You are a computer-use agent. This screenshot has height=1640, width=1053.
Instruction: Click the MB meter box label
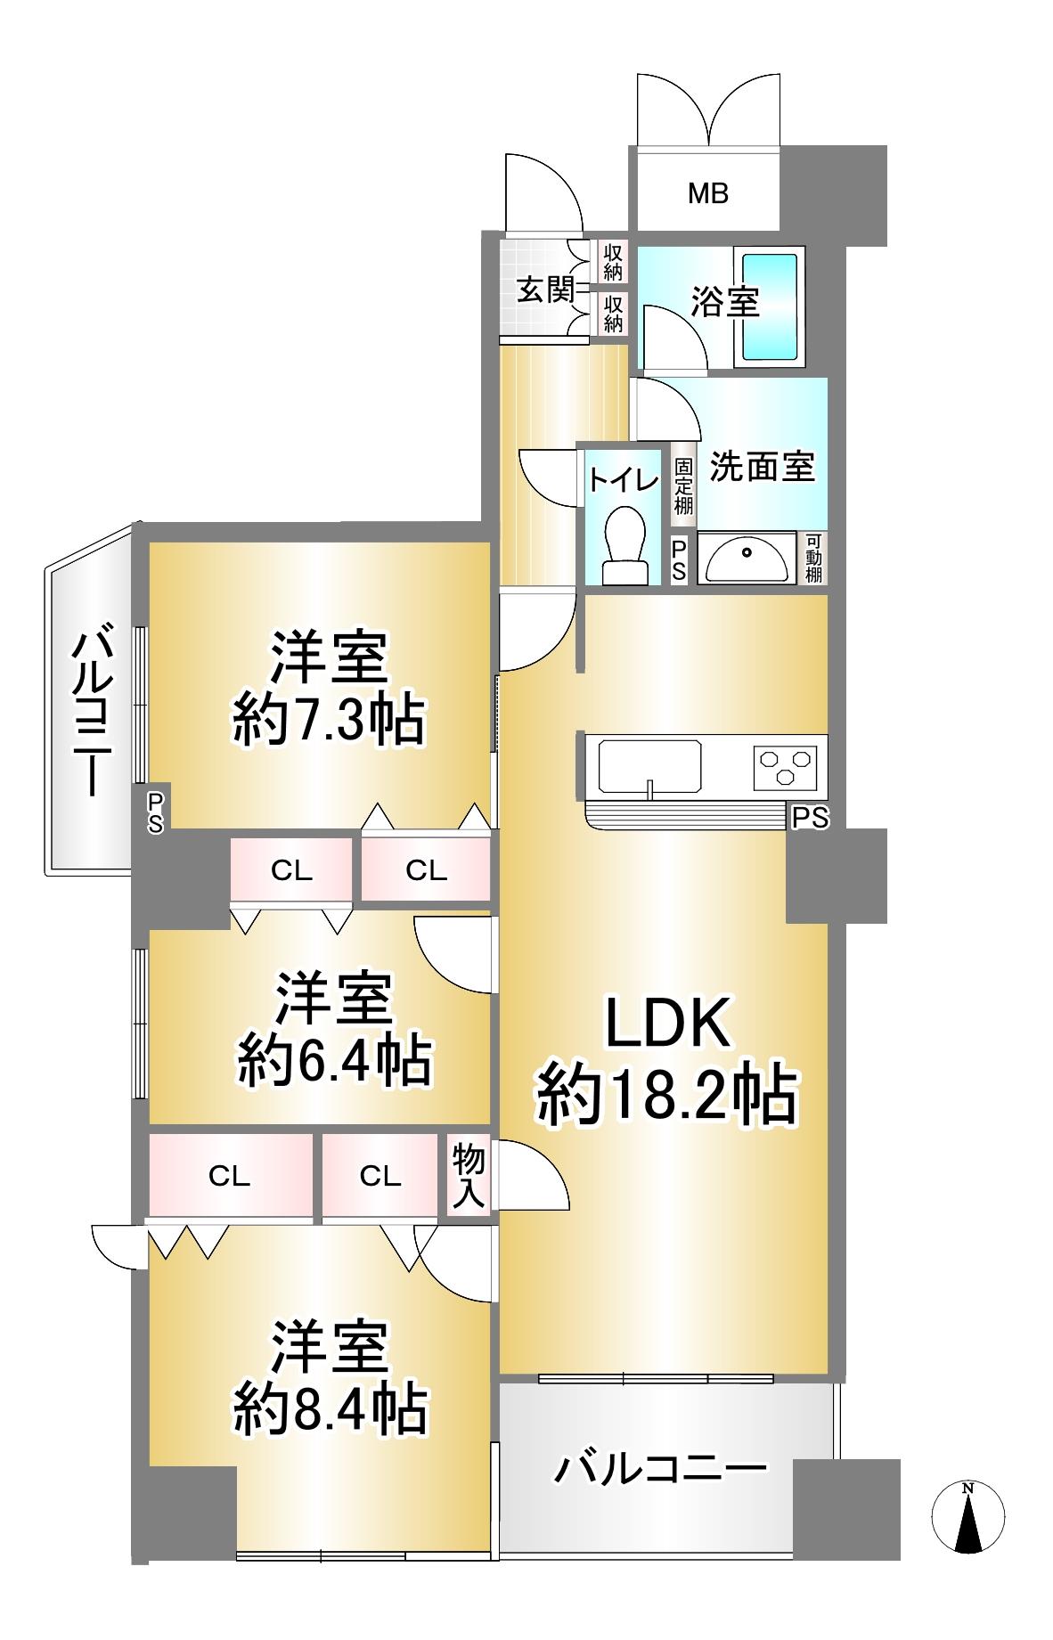click(x=708, y=192)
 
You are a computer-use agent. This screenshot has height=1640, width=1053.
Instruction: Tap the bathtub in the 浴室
click(x=770, y=306)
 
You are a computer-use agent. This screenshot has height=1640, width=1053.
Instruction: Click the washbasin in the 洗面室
click(x=745, y=559)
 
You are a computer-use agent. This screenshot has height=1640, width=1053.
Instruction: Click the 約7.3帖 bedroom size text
click(x=328, y=722)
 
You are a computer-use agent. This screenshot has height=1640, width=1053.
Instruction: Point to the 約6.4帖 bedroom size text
click(x=334, y=1060)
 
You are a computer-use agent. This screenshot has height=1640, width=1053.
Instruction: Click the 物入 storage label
click(x=469, y=1177)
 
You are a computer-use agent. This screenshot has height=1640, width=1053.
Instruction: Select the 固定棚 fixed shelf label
click(x=683, y=485)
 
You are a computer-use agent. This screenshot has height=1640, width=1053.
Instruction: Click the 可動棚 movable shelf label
click(x=812, y=559)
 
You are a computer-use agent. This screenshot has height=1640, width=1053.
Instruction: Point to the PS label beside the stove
click(x=810, y=817)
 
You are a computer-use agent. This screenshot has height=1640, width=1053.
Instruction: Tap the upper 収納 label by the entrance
click(x=613, y=262)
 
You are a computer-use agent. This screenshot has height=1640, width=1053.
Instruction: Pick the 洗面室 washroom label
click(x=762, y=466)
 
